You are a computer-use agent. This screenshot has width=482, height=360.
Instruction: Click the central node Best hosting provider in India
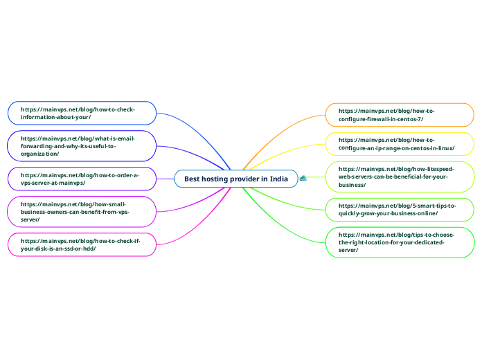[236, 179]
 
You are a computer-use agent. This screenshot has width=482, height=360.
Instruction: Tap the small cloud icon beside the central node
[303, 179]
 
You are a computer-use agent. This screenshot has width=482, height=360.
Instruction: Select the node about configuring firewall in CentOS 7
[400, 114]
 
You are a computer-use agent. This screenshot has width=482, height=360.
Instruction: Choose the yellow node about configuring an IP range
[400, 144]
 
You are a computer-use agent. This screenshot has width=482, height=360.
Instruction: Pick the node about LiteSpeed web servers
[400, 177]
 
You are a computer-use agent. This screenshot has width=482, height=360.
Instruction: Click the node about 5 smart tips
[400, 210]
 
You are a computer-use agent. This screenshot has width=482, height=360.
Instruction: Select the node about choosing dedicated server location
[400, 242]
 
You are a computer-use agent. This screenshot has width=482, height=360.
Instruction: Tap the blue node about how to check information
[82, 113]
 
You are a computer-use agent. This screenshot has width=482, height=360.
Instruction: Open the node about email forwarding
[82, 145]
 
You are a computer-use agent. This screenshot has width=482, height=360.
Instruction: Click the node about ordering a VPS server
[82, 179]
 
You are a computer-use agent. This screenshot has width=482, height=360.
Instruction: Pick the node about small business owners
[82, 211]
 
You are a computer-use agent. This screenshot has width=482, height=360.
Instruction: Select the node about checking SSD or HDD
[82, 244]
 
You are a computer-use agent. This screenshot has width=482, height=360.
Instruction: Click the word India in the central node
[279, 179]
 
